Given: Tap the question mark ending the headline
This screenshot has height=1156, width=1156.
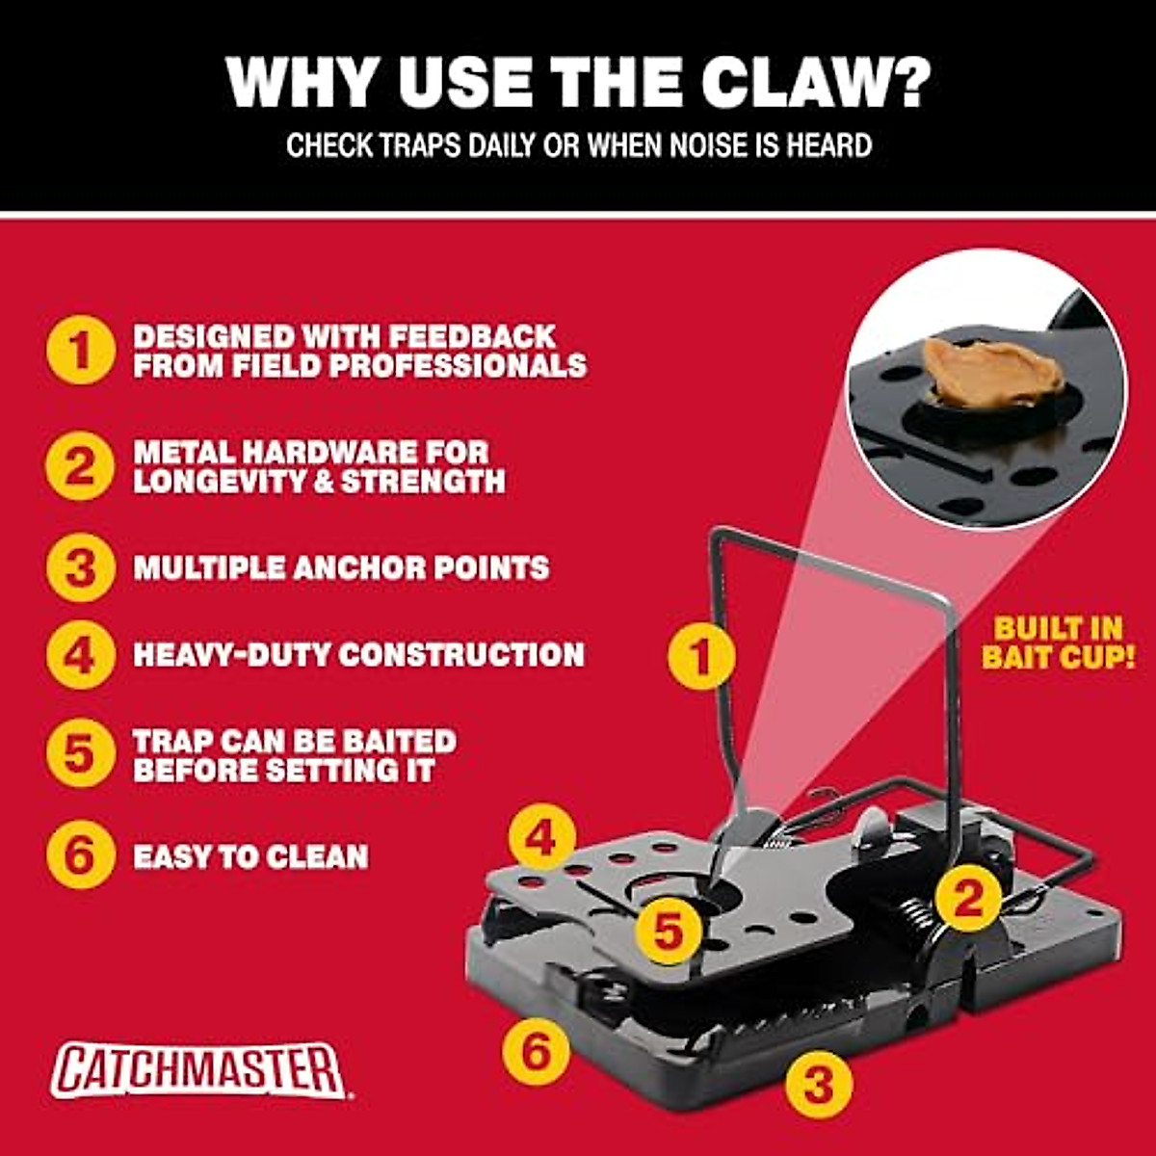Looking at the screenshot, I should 907,83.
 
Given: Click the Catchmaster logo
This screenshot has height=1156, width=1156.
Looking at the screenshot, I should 198,1069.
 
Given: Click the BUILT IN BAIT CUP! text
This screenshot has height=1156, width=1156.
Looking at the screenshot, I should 1058,644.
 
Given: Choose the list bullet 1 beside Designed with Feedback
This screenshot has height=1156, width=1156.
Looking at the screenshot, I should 80,350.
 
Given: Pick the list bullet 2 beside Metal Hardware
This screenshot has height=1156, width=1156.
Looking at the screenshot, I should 80,466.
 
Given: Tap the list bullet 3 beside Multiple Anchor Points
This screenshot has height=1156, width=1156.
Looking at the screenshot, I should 80,567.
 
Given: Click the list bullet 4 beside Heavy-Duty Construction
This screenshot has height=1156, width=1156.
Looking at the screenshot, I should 80,655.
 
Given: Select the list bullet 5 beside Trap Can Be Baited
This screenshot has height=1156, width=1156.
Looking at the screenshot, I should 80,755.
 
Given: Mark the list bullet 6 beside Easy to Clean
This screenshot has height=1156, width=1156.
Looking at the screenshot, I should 80,855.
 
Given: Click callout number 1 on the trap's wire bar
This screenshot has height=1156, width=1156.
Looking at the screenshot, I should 701,658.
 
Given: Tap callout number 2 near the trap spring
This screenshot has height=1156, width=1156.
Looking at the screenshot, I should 967,898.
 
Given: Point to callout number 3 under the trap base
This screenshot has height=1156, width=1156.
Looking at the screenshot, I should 818,1084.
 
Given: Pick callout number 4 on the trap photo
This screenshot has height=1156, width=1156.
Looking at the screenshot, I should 542,838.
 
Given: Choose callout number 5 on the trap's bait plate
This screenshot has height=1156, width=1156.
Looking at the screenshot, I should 669,931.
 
